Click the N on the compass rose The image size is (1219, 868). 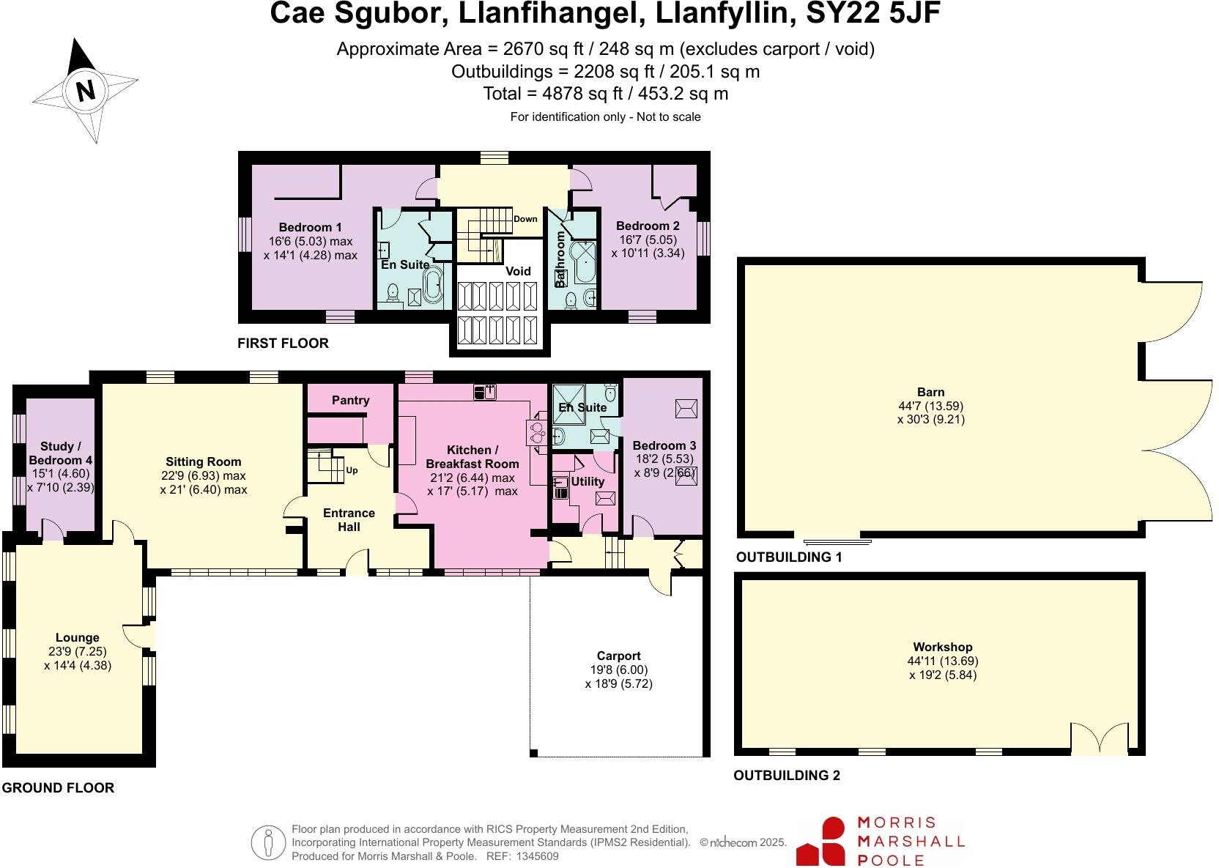tap(86, 91)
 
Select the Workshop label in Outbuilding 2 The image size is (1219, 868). tap(942, 647)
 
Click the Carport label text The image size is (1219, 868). tap(618, 656)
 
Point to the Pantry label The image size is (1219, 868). tap(350, 400)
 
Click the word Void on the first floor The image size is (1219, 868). tap(518, 271)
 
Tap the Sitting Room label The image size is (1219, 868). tap(203, 461)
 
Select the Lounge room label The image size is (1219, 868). tap(77, 637)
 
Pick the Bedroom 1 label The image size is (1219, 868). tap(310, 227)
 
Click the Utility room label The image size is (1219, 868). tap(587, 481)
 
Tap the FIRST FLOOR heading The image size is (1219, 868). tap(283, 343)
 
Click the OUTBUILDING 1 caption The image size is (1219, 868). tap(788, 557)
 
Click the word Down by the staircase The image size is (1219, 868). tap(525, 219)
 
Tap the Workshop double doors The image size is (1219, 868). tap(1100, 738)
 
